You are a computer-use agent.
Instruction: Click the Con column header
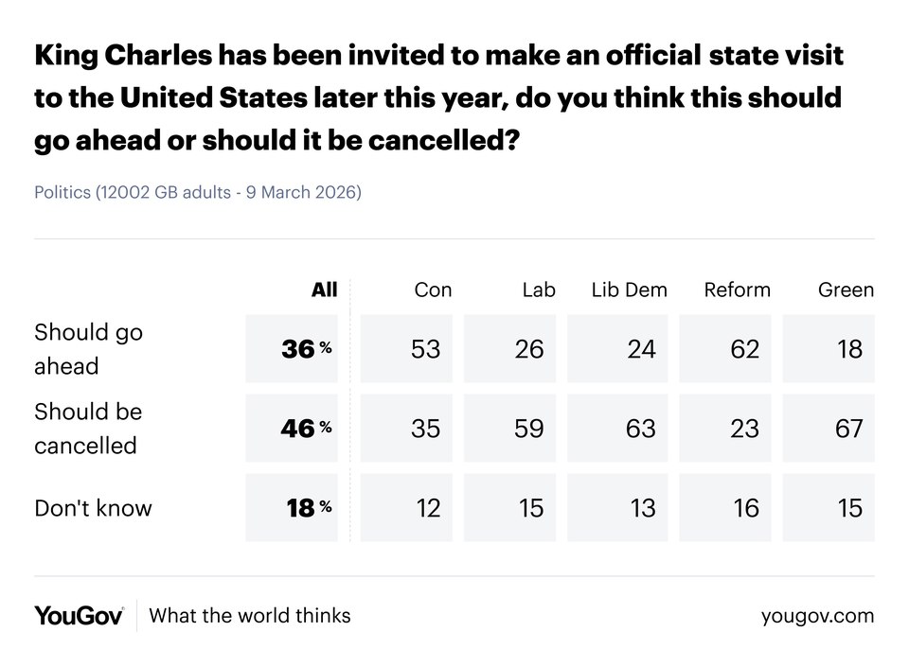[433, 290]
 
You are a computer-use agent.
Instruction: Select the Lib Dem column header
[629, 290]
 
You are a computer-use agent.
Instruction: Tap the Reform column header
[737, 290]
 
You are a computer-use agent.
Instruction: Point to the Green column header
[846, 290]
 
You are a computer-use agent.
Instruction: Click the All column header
[324, 290]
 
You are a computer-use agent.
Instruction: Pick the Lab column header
[539, 290]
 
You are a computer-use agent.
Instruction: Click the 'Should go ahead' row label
[88, 349]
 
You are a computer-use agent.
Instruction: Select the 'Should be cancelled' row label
[88, 429]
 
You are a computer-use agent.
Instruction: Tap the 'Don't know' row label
[93, 508]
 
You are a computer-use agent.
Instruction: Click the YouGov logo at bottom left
[79, 616]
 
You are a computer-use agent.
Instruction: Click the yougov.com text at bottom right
[817, 616]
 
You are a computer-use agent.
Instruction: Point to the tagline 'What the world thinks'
[250, 616]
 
